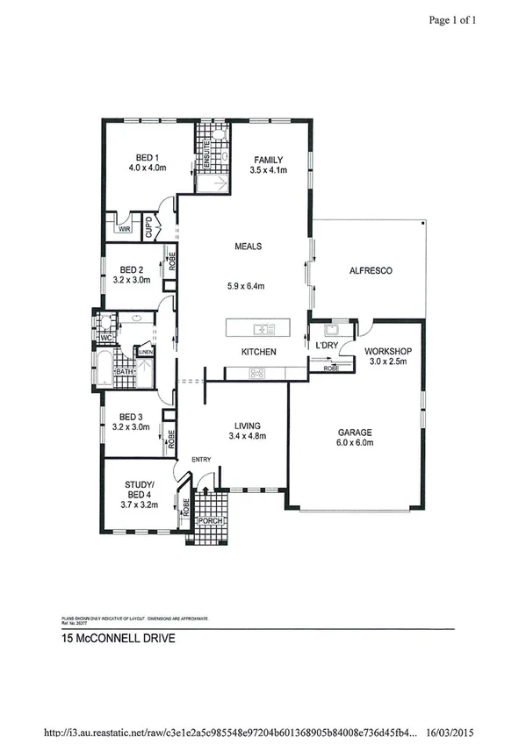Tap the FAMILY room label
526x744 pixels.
point(268,159)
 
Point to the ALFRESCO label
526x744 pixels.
point(370,271)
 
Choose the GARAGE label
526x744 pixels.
point(357,433)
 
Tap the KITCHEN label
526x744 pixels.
point(259,352)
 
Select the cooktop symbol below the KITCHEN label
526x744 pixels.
point(258,373)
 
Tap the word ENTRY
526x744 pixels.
point(202,459)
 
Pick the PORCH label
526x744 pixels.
point(210,521)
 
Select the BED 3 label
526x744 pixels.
point(131,416)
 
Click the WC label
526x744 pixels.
point(105,337)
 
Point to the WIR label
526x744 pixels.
point(125,229)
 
